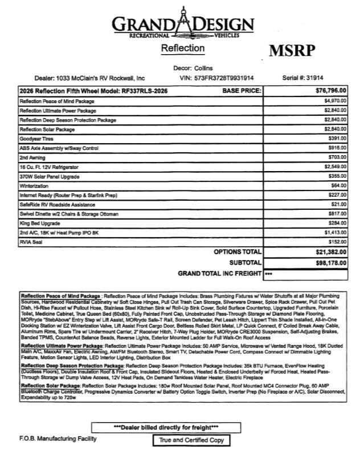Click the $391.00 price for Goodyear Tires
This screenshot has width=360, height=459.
[337, 139]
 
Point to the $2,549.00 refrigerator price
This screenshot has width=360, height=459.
[335, 166]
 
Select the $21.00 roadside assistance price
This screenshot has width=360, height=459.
[338, 204]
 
